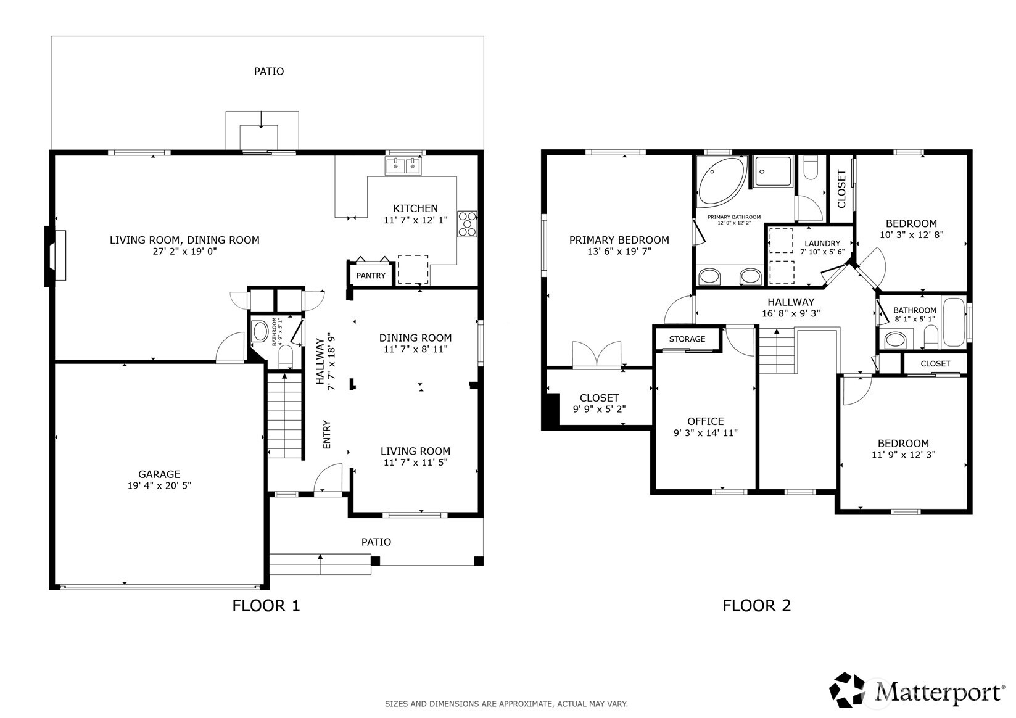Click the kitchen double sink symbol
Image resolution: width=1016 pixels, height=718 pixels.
point(403,166)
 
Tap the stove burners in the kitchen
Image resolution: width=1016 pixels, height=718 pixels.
point(467,224)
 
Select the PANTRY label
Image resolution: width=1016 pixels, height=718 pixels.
point(371,276)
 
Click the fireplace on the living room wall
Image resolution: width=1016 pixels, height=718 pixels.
point(56,256)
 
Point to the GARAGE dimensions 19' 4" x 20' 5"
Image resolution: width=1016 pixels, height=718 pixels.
point(159,485)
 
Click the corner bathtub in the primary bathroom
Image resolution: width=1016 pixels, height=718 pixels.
point(719,181)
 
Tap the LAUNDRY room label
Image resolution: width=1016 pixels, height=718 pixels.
point(822,244)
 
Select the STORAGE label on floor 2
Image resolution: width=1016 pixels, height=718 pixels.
point(687,339)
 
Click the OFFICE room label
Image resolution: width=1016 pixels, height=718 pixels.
point(705,421)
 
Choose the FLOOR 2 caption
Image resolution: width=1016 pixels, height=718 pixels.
point(756,606)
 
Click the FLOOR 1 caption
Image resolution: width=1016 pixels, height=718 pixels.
point(266,606)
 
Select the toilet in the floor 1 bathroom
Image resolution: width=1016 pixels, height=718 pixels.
point(286,357)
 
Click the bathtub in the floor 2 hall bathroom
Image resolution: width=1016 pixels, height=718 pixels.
point(954,322)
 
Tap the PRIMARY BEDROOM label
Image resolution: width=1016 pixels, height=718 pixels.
point(619,240)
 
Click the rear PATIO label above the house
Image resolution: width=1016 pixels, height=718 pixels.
point(269,72)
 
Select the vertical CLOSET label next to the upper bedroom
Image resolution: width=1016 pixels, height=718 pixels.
point(841,189)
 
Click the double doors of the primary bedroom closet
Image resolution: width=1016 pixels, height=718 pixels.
point(597,355)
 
